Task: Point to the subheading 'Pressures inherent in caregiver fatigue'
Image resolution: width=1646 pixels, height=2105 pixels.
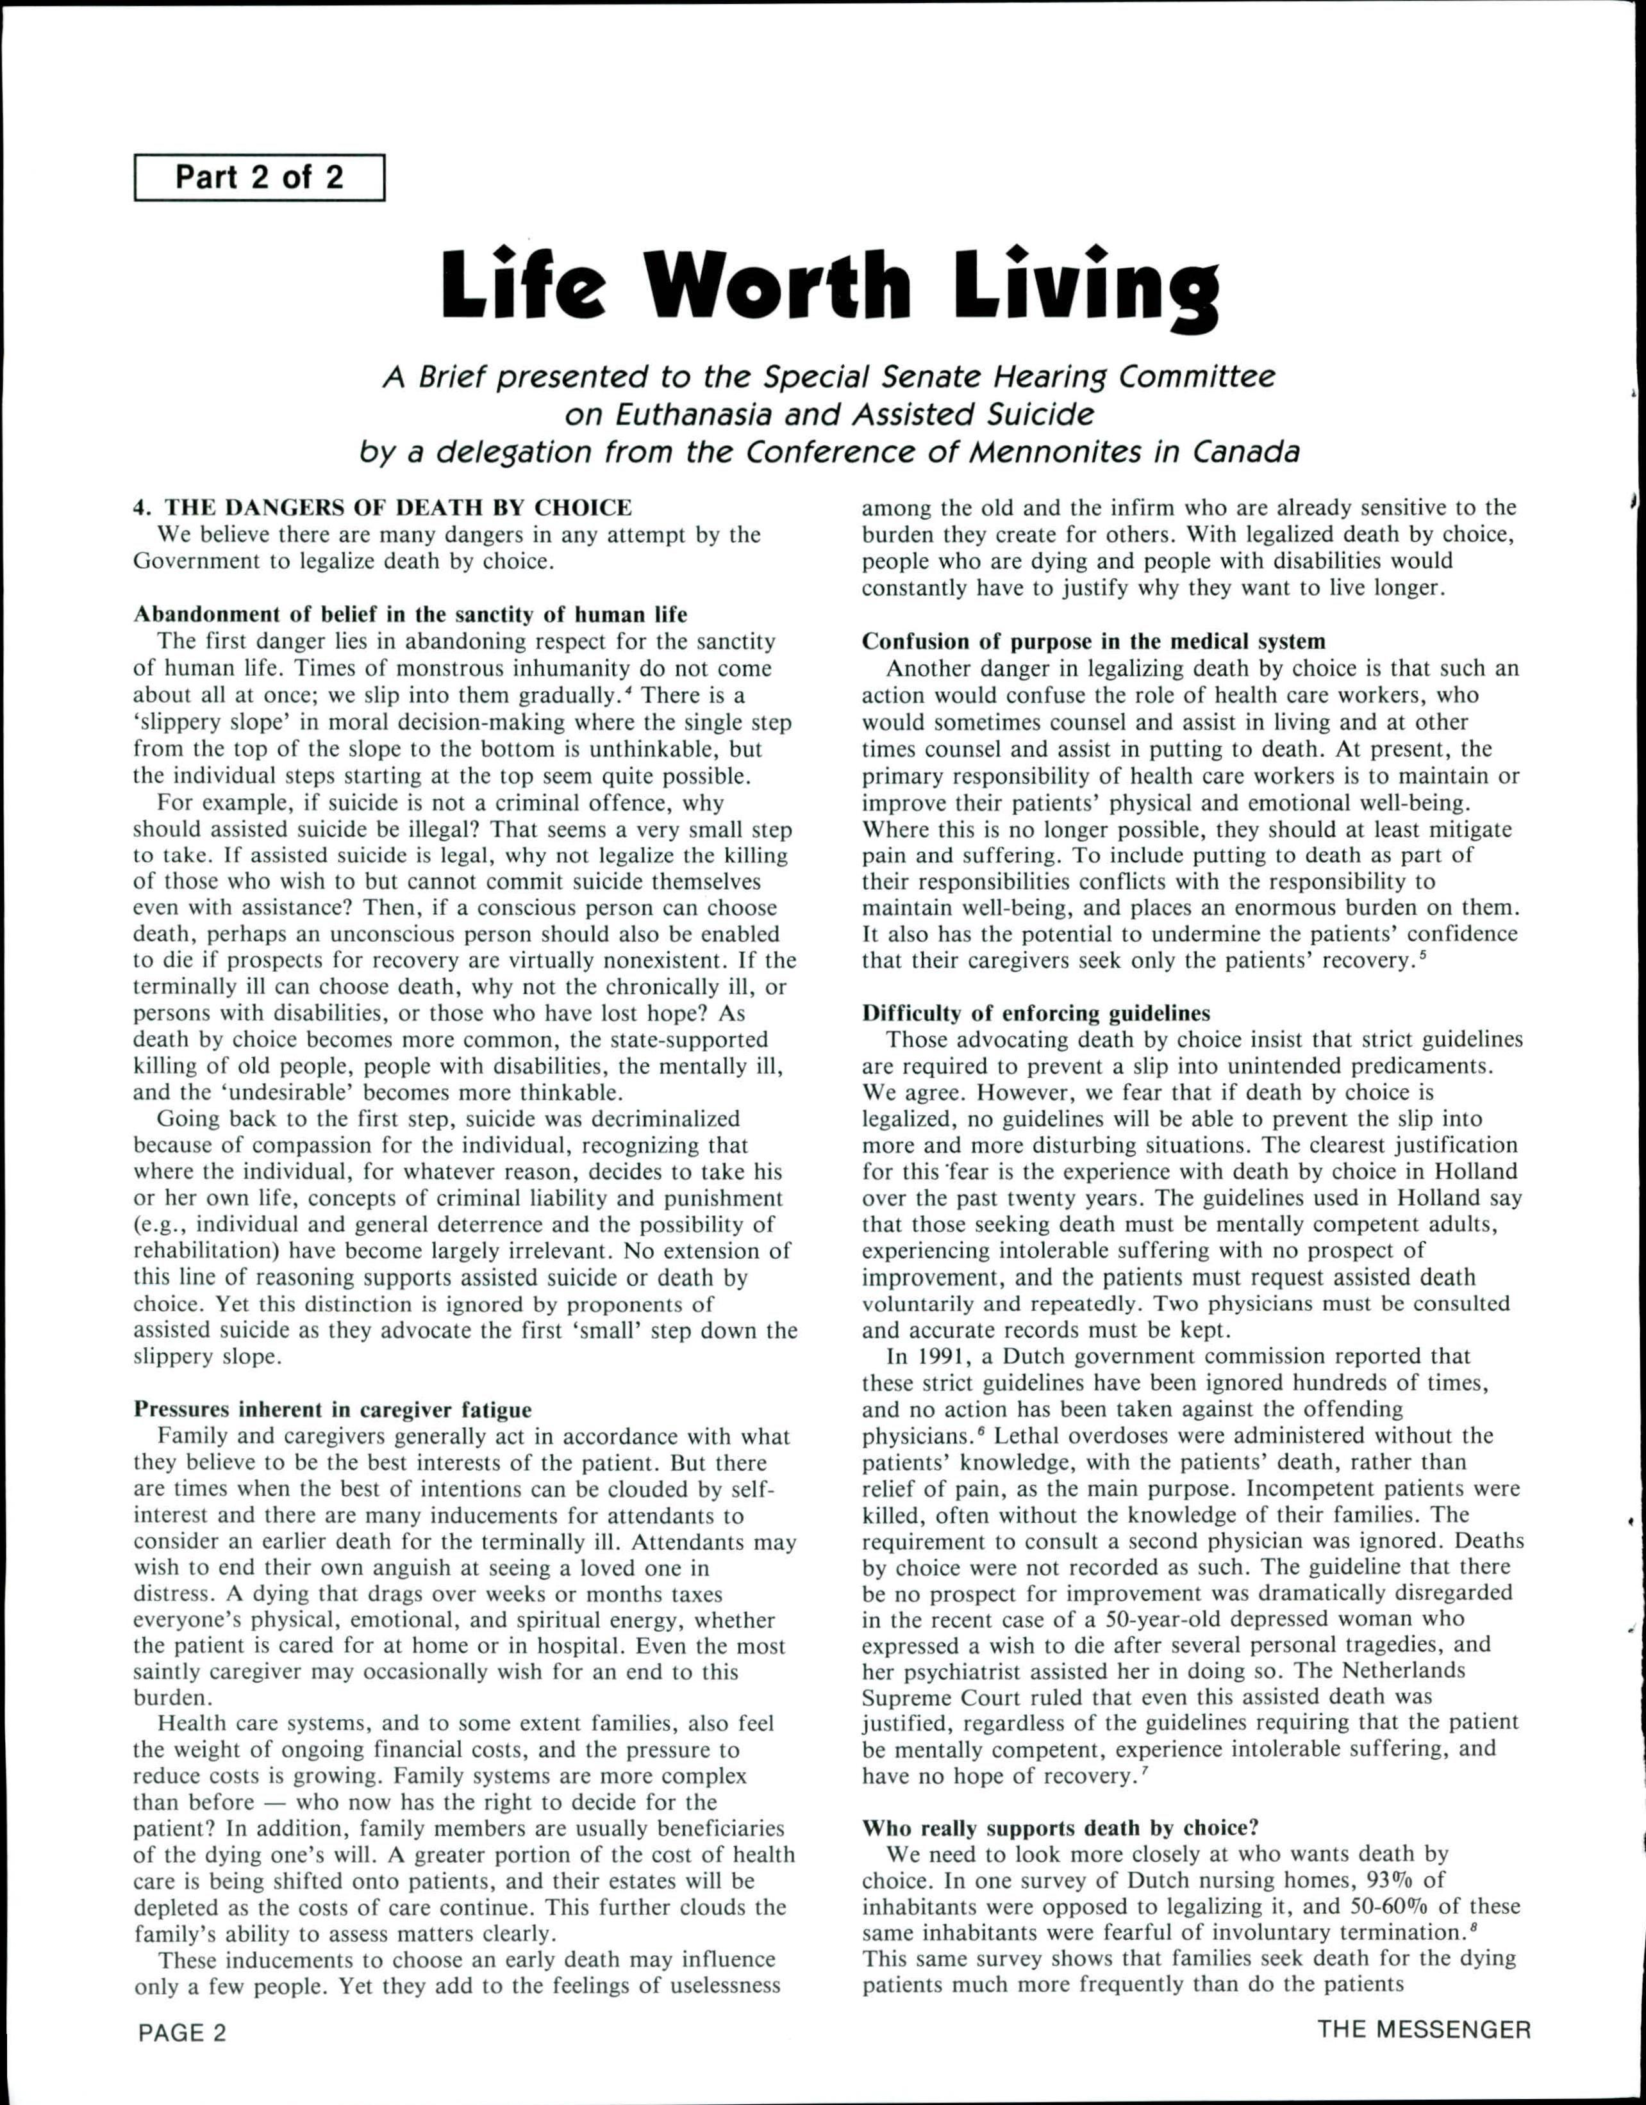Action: click(x=332, y=1410)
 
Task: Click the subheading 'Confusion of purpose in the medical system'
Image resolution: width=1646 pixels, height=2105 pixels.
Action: click(x=1093, y=641)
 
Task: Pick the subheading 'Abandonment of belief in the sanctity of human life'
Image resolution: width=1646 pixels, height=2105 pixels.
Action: click(x=410, y=615)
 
